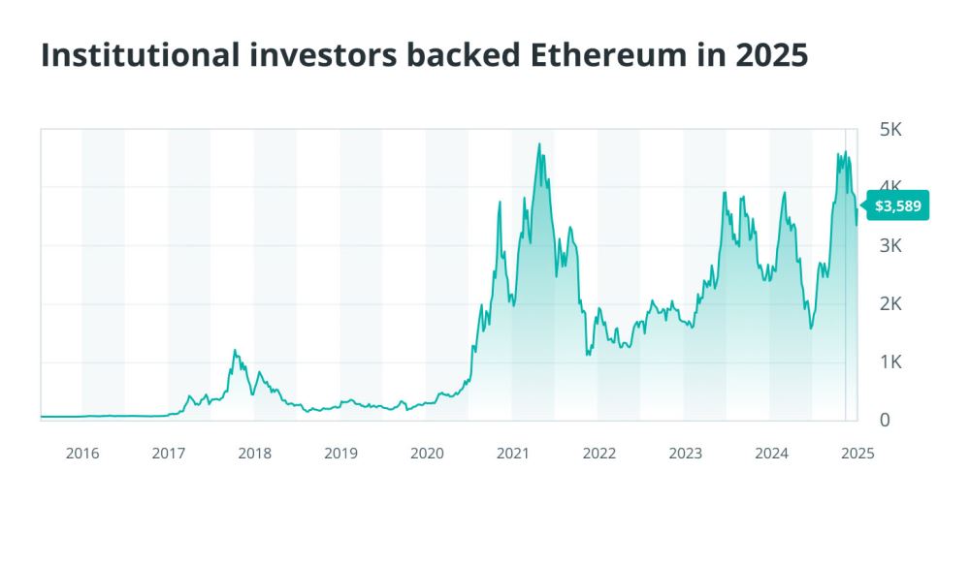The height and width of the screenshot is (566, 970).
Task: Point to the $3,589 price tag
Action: click(x=897, y=205)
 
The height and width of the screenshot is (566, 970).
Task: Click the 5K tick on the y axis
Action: click(x=890, y=129)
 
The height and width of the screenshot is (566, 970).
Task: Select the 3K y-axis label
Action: click(x=890, y=245)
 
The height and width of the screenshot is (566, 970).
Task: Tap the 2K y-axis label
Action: click(x=890, y=304)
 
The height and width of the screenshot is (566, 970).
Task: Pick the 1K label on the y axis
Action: click(x=890, y=362)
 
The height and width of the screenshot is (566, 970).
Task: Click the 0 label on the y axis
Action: click(x=884, y=421)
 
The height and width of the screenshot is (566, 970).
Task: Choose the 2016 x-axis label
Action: click(x=82, y=453)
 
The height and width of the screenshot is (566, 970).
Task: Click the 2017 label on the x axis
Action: click(x=169, y=453)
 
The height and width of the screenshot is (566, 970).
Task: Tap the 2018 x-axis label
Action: click(x=254, y=453)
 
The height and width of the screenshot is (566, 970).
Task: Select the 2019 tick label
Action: click(x=340, y=453)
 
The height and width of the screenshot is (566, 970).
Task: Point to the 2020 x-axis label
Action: click(x=427, y=453)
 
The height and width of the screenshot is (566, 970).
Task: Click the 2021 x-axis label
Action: click(x=512, y=453)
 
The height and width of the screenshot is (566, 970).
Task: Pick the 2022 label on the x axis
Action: click(x=598, y=453)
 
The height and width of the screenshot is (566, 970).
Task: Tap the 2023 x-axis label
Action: click(x=685, y=453)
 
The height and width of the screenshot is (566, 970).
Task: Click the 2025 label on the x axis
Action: click(x=857, y=453)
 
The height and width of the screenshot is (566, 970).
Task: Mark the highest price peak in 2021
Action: click(x=538, y=144)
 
